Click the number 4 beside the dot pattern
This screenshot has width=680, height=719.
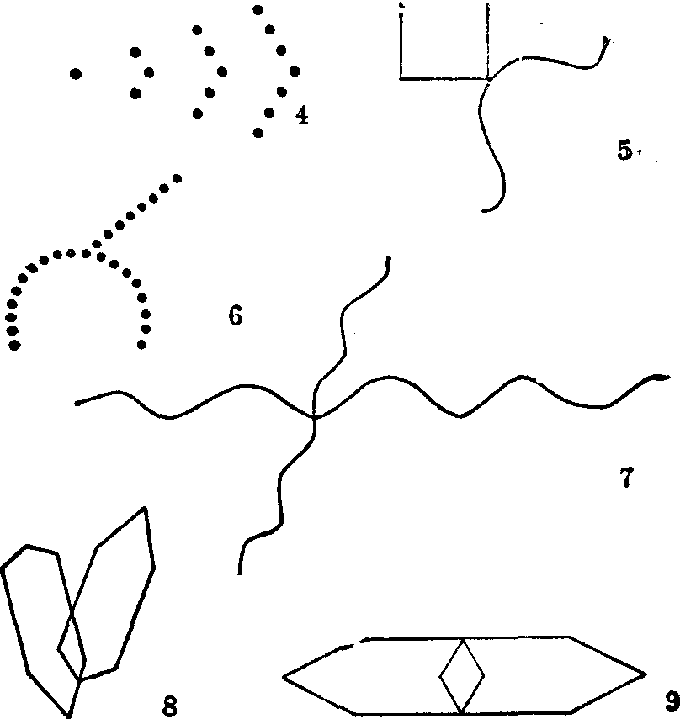point(301,115)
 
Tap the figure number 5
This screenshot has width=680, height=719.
point(624,150)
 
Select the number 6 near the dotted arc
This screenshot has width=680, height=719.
point(236,315)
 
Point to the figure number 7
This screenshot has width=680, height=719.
point(626,478)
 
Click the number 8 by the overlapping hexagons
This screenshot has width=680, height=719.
point(170,706)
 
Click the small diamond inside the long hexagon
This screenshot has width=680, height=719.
point(462,676)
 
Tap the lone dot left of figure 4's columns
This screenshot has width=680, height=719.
point(76,73)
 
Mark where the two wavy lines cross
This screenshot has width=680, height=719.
point(314,416)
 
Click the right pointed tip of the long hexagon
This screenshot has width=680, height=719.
point(646,674)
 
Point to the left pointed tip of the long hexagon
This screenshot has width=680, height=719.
point(283,676)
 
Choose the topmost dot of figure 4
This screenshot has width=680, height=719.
point(258,9)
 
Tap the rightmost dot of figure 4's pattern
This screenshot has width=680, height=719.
point(295,71)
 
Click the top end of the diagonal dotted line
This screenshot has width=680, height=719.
point(177,178)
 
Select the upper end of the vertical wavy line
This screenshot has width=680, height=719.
point(389,257)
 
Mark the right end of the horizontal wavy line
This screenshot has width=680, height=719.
point(667,378)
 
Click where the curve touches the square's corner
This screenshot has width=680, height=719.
point(489,79)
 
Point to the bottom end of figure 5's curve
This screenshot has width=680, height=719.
point(483,210)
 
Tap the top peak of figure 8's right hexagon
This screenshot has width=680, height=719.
point(145,508)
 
